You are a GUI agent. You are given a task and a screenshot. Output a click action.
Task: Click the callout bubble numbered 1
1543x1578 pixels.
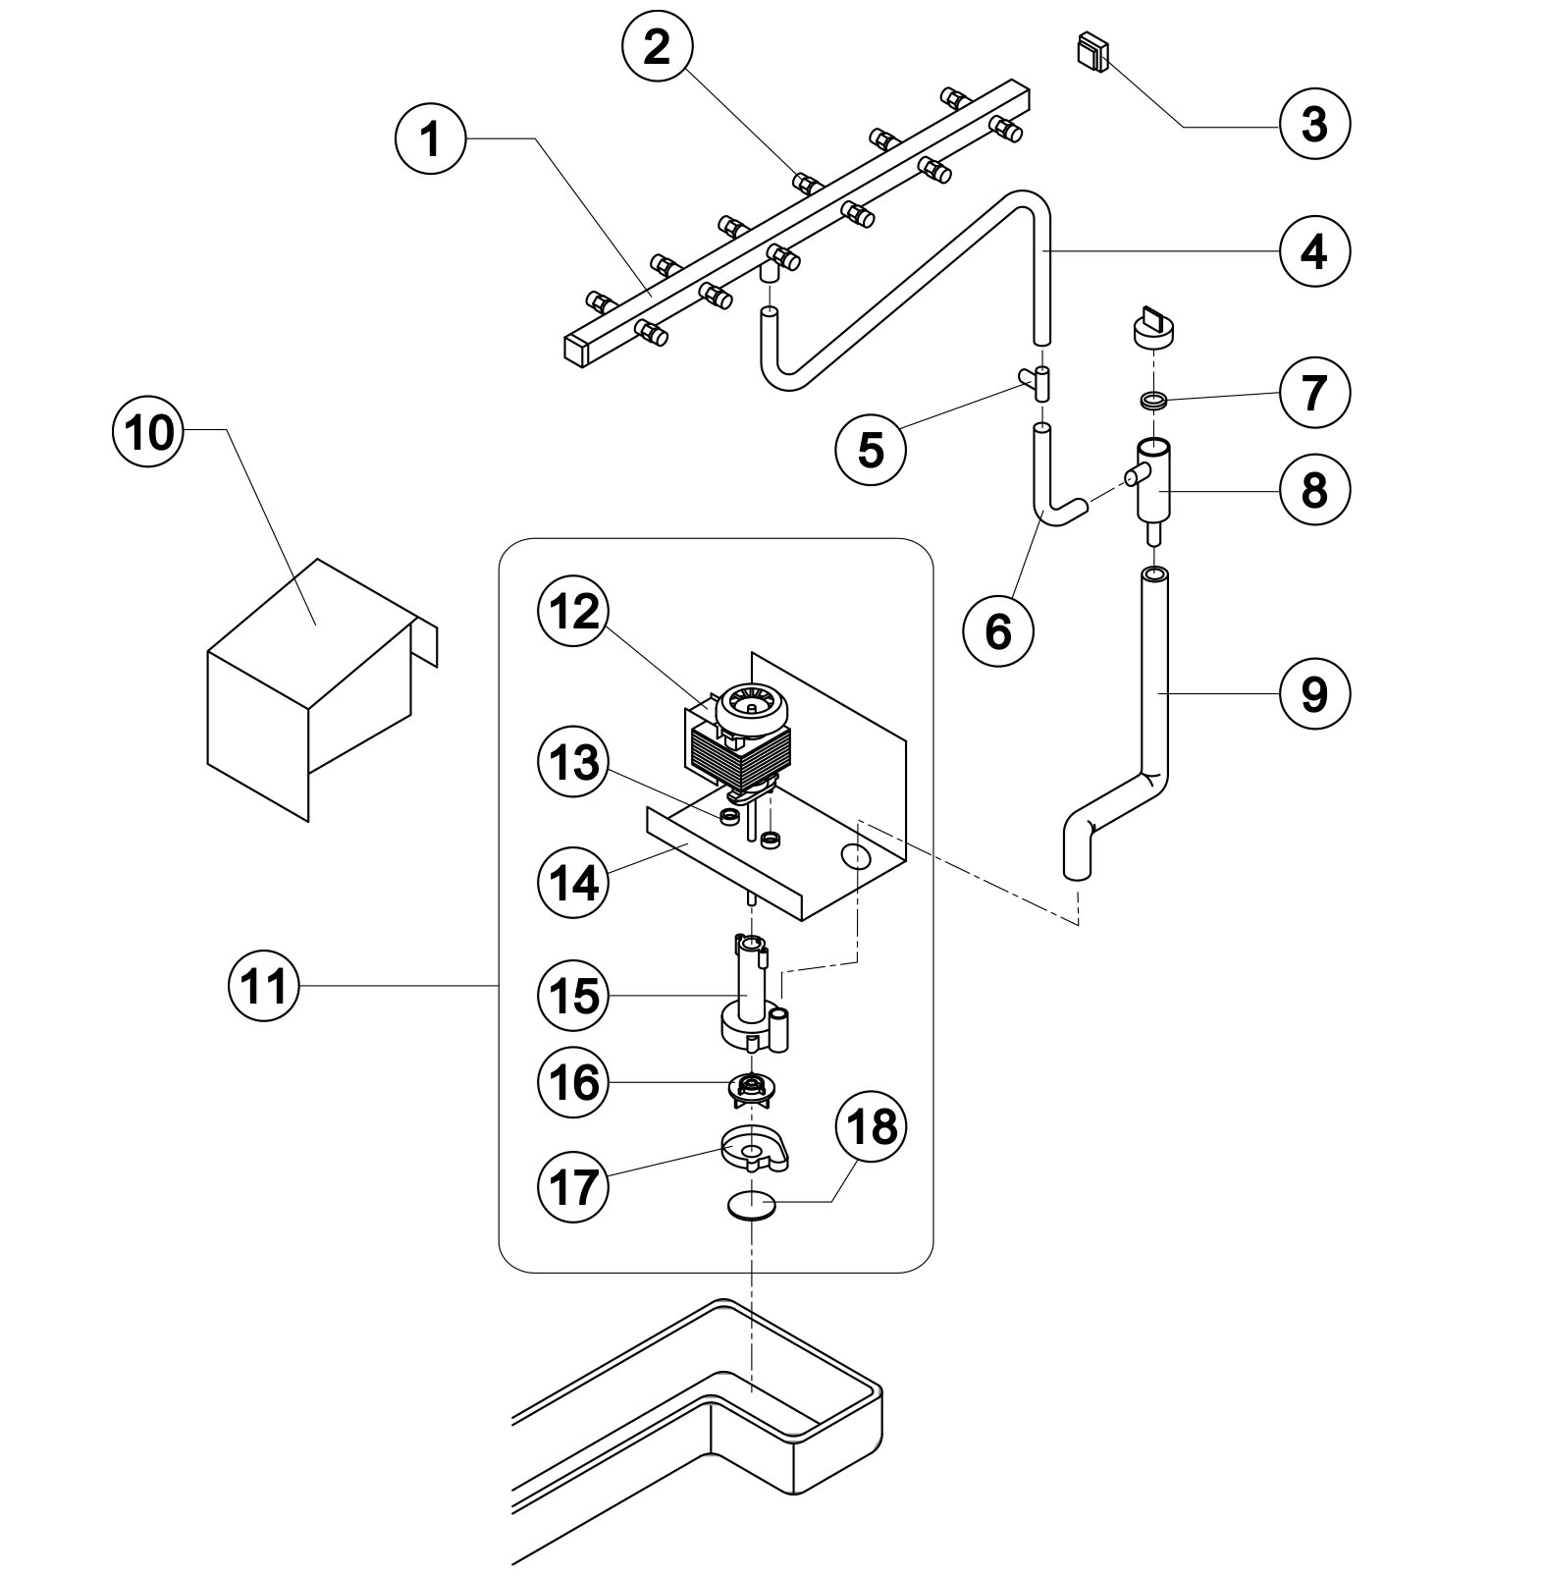coord(430,139)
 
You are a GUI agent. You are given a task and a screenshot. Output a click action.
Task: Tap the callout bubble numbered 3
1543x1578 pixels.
coord(1314,125)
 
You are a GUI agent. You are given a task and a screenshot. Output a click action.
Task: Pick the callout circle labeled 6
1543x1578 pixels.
coord(998,631)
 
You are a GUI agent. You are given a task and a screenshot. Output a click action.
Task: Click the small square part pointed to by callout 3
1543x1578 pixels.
coord(1092,51)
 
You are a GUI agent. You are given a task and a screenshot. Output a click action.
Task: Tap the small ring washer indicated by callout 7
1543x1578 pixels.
coord(1153,401)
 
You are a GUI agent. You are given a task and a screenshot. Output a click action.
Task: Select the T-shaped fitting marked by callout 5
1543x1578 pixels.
coord(1038,380)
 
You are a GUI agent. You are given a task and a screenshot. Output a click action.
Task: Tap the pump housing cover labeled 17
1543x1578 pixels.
coord(754,1150)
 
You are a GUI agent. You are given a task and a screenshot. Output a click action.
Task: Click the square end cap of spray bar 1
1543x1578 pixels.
coord(575,349)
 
